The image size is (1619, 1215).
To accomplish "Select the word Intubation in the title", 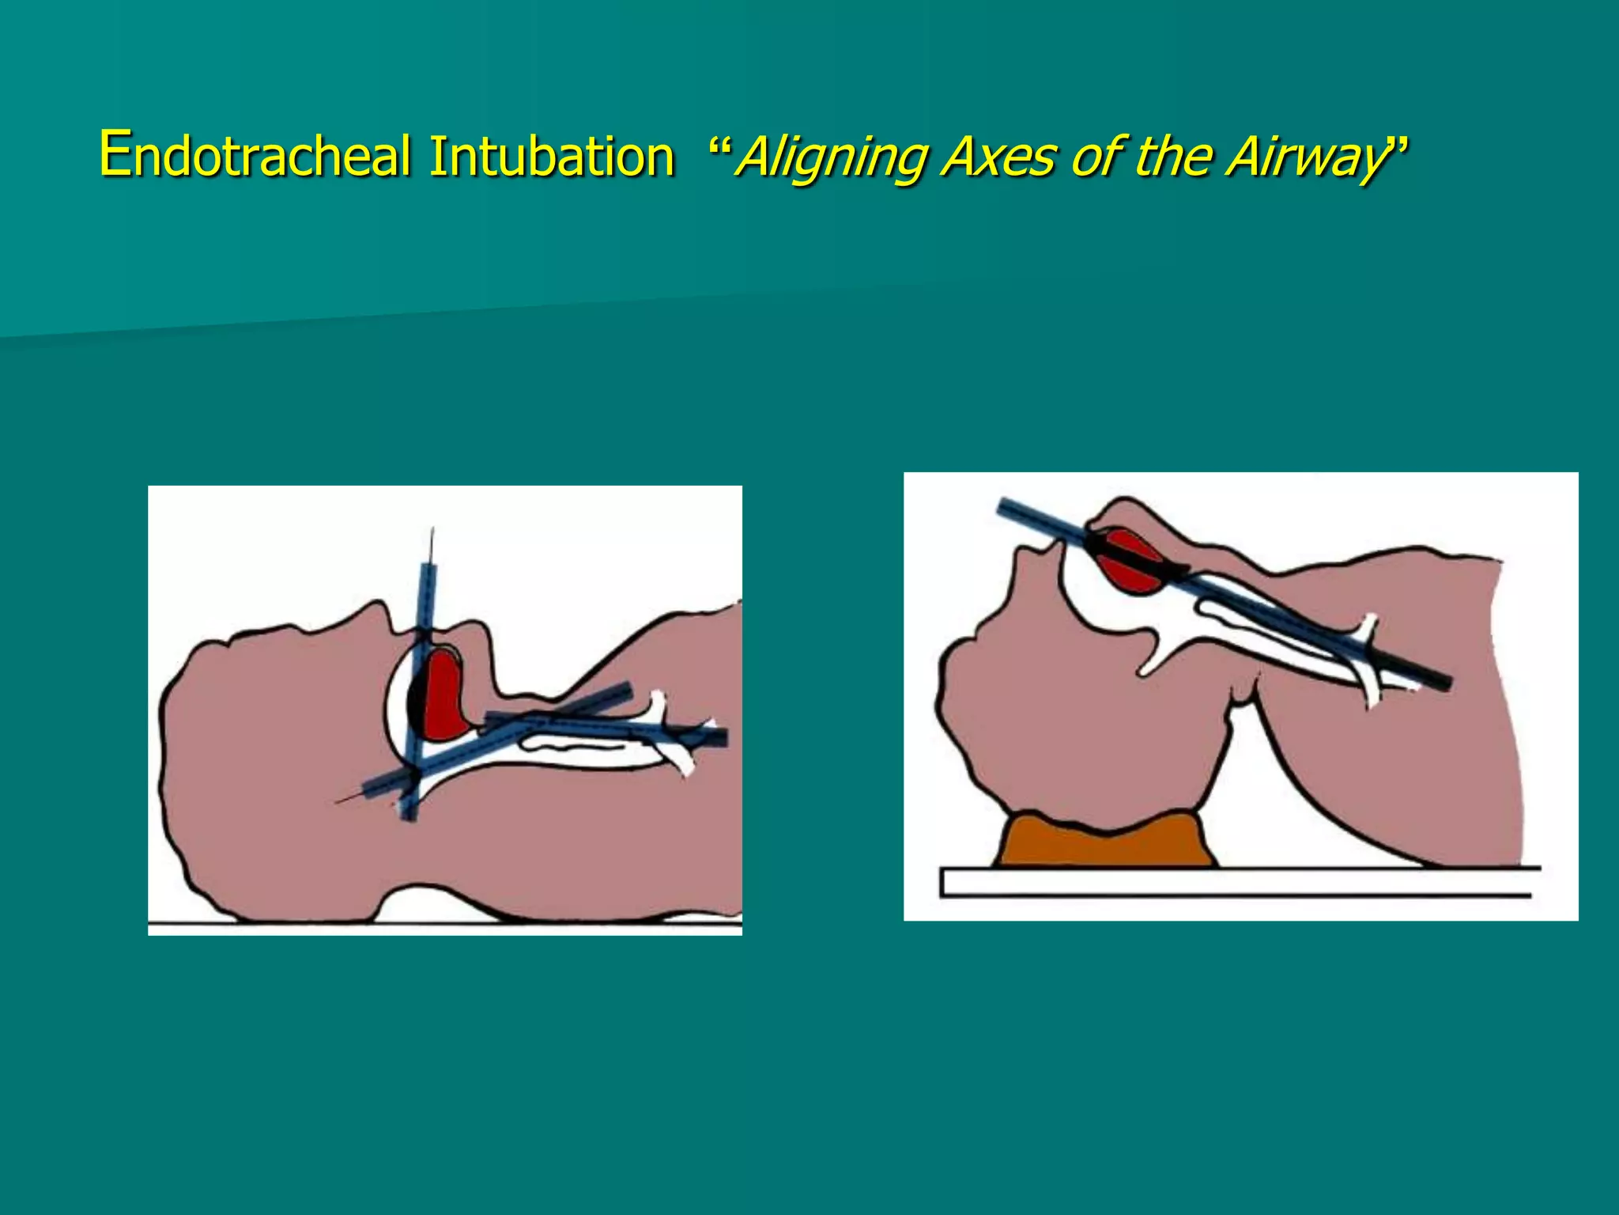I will (551, 156).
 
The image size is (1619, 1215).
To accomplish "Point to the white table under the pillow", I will (1233, 882).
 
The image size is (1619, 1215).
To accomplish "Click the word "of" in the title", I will (1095, 156).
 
